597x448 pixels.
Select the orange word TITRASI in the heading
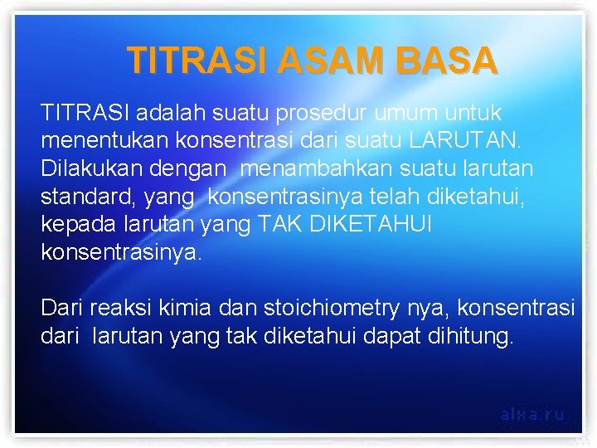(198, 61)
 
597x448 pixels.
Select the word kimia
(187, 309)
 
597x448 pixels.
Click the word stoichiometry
(331, 309)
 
